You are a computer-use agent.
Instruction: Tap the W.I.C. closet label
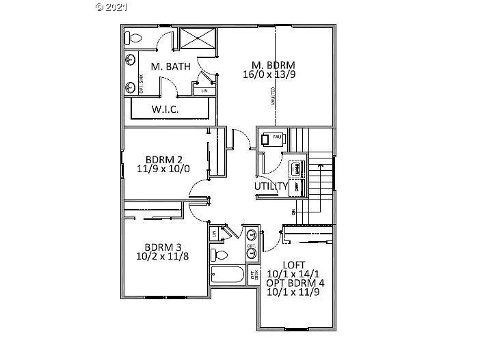[x=165, y=109]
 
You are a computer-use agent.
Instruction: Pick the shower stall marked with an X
[x=197, y=38]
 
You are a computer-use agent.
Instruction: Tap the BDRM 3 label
[x=161, y=247]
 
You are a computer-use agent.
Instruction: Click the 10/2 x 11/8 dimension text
[x=161, y=257]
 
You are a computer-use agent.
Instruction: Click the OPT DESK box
[x=253, y=275]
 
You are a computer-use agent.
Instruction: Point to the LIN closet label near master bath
[x=203, y=90]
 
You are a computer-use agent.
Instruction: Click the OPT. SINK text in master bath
[x=141, y=82]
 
